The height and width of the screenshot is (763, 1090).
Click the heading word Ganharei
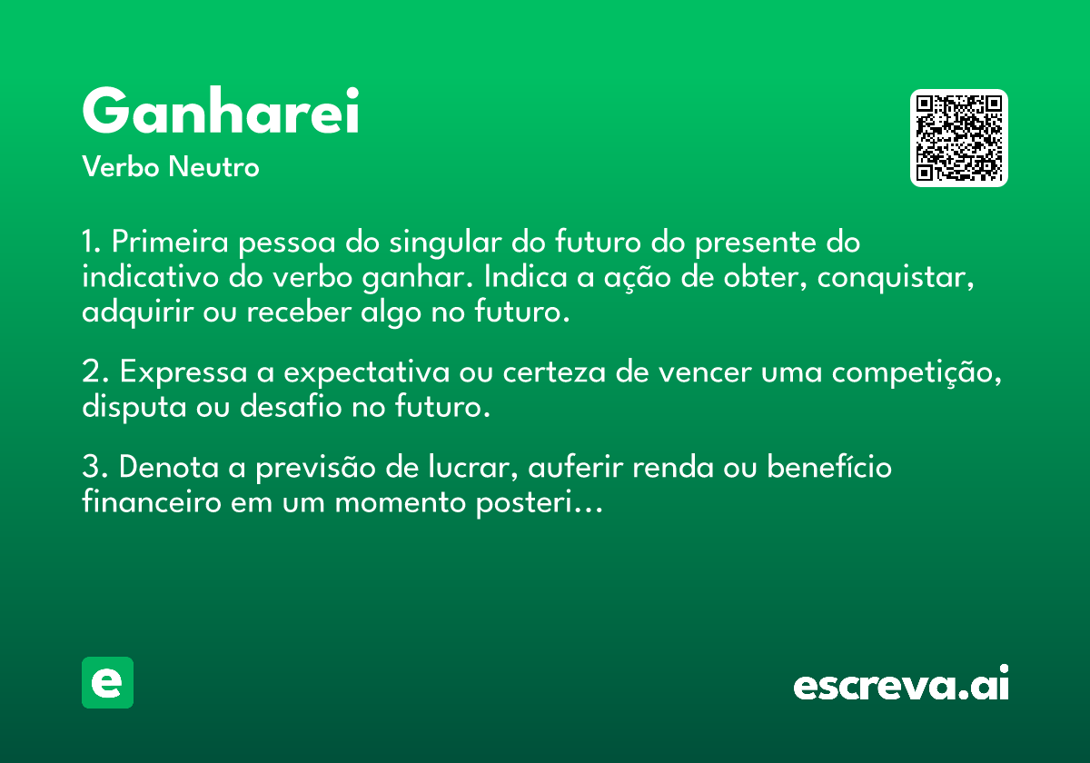point(221,110)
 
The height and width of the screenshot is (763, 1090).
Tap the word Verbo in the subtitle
point(121,166)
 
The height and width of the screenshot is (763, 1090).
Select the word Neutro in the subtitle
point(213,166)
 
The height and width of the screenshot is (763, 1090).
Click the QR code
point(958,138)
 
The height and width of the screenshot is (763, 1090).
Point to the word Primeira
point(170,242)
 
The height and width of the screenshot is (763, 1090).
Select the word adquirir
point(138,313)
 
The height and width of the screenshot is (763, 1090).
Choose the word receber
point(299,312)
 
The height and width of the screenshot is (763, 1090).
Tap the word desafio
point(291,406)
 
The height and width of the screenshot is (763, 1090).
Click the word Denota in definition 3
point(169,467)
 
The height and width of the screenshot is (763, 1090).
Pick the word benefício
point(829,466)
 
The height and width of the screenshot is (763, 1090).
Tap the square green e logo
point(107,682)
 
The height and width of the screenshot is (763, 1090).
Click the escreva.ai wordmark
point(901,682)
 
